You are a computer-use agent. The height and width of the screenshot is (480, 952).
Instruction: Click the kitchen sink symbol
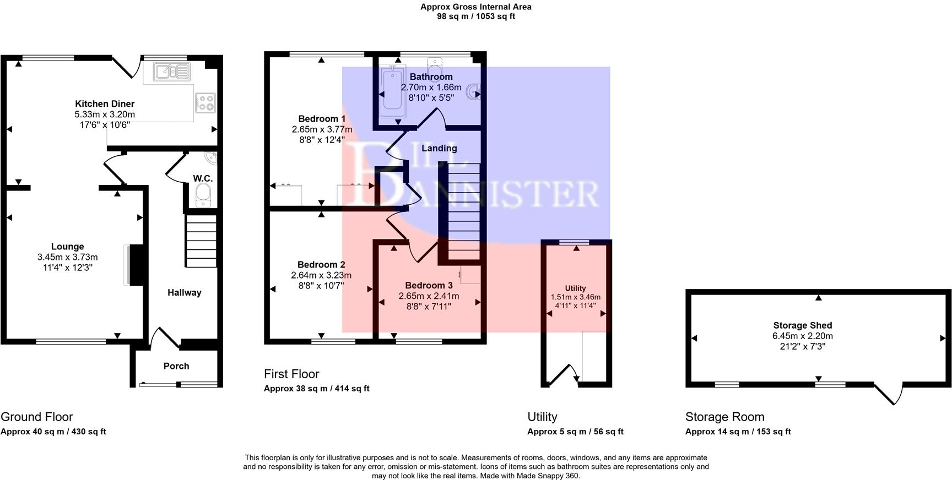172,72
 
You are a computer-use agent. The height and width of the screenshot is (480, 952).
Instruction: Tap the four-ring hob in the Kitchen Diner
205,102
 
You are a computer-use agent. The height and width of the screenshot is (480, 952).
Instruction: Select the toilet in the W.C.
203,195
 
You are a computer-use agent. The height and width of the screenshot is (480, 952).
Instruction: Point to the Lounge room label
68,247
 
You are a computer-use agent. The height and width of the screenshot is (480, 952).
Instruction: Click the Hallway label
185,292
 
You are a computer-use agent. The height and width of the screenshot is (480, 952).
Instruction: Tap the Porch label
176,366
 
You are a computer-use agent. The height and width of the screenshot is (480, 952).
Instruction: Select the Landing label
439,148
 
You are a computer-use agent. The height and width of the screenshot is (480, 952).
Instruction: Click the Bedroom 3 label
429,285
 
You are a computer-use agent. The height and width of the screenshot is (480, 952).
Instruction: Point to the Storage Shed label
802,325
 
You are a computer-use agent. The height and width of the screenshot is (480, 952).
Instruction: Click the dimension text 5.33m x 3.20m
105,114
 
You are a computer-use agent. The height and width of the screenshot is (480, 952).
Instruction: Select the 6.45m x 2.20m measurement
802,336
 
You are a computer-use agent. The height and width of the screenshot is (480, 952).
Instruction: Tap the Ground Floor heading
37,417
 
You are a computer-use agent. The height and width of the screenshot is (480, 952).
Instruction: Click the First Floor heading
291,374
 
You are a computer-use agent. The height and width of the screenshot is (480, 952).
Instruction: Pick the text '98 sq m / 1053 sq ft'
476,17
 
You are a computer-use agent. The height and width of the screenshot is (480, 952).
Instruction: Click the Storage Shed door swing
888,394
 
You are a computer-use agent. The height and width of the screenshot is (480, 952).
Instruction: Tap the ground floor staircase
201,241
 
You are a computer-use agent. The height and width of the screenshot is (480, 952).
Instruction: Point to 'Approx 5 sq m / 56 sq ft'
575,432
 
